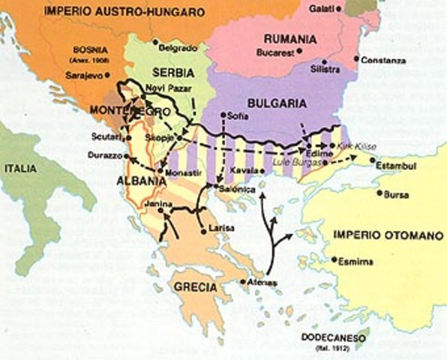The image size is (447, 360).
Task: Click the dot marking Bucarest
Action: click(x=300, y=51)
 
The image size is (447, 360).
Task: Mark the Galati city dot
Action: click(x=346, y=8)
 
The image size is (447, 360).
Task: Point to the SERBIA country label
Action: click(x=172, y=72)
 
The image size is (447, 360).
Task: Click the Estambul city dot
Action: click(x=373, y=159)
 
